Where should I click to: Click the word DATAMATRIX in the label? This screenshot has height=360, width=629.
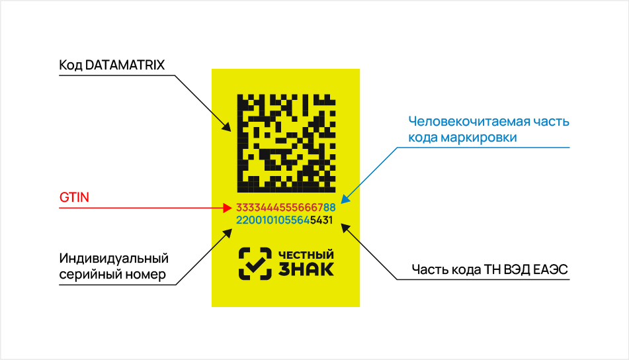[x=125, y=65]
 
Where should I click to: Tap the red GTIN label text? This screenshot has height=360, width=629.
[x=74, y=197]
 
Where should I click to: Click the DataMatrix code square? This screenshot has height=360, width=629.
[x=286, y=144]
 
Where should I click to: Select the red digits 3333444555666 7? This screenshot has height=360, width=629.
[x=280, y=208]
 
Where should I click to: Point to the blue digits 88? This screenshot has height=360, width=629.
[x=329, y=208]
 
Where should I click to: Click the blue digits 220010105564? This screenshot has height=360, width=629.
[x=273, y=220]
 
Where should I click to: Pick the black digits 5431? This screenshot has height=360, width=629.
[x=321, y=220]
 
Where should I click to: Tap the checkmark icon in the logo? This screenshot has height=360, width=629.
[x=255, y=263]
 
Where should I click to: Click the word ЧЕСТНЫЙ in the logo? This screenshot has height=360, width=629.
[x=306, y=255]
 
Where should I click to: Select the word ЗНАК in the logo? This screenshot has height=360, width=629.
[x=306, y=270]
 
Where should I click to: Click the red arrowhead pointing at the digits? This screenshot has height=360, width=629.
[x=228, y=208]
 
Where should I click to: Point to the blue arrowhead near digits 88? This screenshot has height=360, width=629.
[x=345, y=199]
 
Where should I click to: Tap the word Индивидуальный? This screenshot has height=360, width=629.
[x=114, y=259]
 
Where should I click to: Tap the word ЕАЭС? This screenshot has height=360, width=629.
[x=554, y=269]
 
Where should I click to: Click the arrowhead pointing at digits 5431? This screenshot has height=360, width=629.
[x=345, y=228]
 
